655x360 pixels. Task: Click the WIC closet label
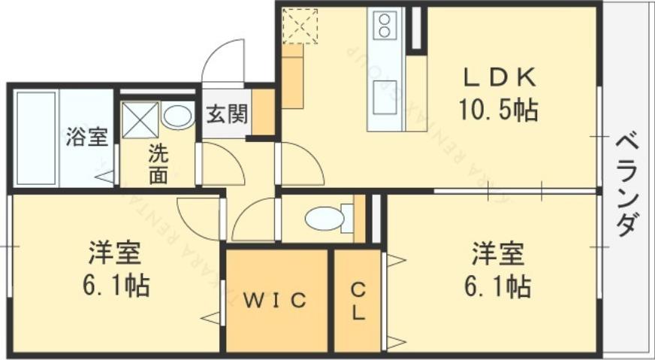point(276,301)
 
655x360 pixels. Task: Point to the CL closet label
point(358,301)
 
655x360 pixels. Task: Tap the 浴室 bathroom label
point(86,138)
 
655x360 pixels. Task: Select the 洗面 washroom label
point(158,163)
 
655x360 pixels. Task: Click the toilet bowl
point(325,219)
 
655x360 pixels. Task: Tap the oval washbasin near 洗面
point(178,116)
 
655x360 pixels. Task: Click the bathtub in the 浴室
point(35,138)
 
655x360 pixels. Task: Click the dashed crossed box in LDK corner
point(299,26)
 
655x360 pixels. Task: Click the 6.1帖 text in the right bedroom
point(497,286)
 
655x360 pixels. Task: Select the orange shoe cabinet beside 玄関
point(263,113)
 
